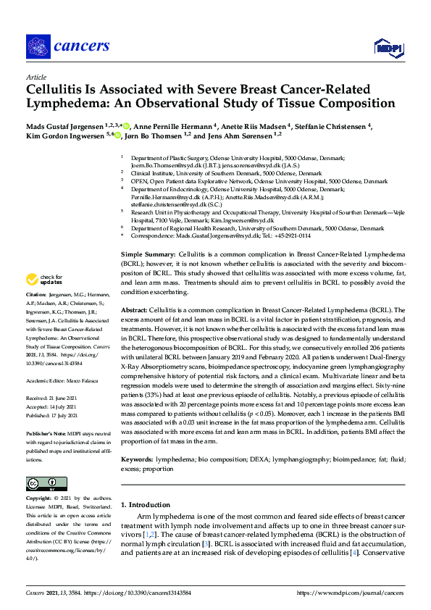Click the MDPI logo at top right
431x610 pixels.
[388, 48]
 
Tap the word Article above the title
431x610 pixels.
[35, 77]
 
